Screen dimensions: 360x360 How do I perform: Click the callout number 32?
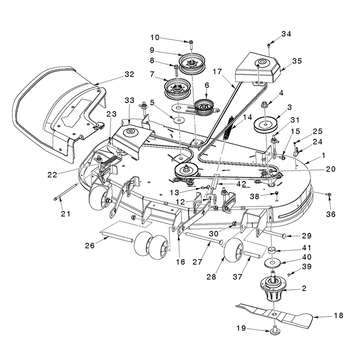(129, 74)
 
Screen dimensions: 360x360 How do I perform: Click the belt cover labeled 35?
(257, 68)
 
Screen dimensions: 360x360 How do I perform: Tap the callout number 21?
(66, 214)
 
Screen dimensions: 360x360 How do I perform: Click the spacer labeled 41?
(273, 250)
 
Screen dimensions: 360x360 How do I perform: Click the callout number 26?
(90, 246)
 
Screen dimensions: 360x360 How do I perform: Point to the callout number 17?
(217, 72)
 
